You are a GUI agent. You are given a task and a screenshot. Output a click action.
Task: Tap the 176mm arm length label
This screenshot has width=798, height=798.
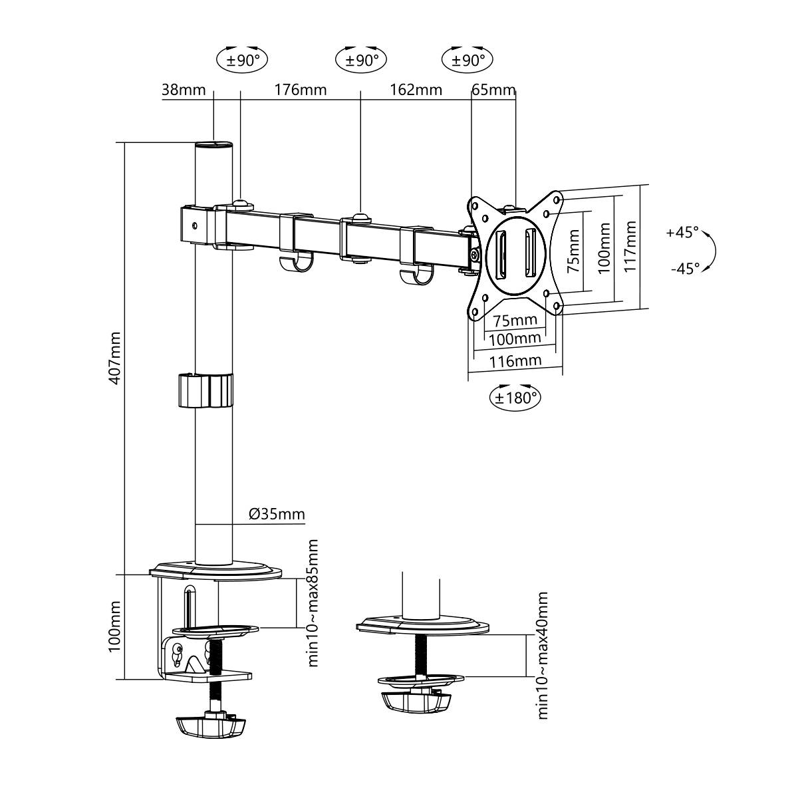click(301, 90)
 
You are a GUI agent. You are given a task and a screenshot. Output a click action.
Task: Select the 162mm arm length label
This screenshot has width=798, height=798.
click(415, 90)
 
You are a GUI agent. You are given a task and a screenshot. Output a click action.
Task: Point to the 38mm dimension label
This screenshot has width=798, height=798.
click(184, 90)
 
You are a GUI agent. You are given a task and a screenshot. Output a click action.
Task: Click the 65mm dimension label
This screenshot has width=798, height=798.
click(493, 90)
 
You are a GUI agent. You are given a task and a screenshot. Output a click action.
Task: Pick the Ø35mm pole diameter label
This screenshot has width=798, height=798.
click(277, 514)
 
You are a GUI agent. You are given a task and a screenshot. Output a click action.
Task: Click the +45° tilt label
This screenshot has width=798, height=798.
click(682, 233)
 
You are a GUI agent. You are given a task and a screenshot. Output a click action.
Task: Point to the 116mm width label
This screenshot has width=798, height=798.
click(515, 361)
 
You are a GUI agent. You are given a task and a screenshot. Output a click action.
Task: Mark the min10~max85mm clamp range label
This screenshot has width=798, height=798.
click(313, 602)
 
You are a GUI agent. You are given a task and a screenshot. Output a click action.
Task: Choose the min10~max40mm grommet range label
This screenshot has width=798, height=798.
click(543, 654)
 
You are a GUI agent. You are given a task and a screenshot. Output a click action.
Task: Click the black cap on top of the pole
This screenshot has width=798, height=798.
click(214, 144)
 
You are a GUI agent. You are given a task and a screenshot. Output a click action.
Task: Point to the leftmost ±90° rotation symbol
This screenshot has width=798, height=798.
click(242, 61)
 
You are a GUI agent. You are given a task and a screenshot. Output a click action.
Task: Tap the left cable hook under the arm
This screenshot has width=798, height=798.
click(295, 264)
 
